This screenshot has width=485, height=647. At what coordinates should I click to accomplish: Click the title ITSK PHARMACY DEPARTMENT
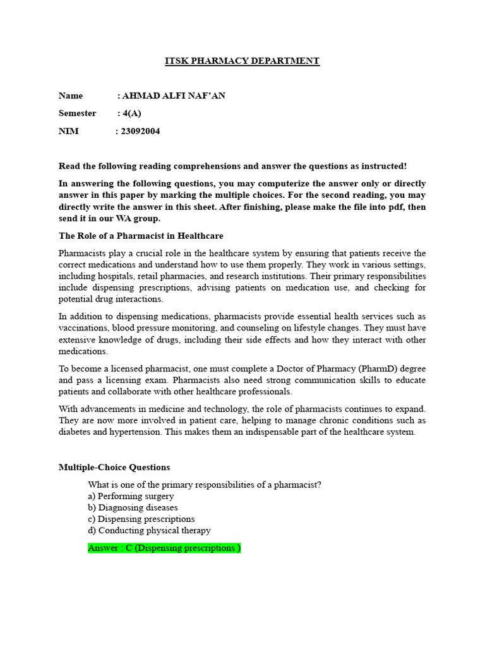pos(242,61)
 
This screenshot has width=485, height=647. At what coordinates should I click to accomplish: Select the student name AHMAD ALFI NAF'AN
pos(174,96)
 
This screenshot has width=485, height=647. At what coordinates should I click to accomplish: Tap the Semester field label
pos(78,113)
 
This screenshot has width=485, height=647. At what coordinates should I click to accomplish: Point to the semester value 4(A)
pos(132,113)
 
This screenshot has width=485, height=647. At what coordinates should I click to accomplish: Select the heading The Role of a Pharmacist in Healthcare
pos(141,236)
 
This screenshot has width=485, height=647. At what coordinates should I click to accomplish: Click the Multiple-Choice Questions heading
pos(114,468)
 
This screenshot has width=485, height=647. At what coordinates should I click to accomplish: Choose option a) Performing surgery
pos(131,496)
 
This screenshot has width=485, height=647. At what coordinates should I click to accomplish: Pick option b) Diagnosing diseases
pos(133,507)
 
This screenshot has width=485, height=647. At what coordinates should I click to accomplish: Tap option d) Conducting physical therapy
pos(149,530)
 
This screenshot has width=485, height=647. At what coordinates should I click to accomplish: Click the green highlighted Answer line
pos(164,548)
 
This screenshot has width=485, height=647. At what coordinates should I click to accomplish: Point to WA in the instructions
pos(140,218)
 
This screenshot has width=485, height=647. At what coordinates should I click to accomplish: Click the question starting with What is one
pos(205,485)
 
